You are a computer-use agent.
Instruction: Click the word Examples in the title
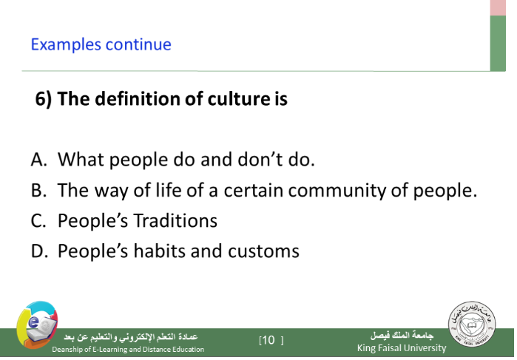(x=66, y=45)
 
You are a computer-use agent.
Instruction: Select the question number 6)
(x=44, y=99)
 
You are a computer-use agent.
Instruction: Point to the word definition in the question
(x=137, y=98)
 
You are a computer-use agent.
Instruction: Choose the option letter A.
(x=38, y=160)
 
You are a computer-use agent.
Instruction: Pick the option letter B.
(x=38, y=190)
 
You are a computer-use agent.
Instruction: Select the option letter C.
(x=38, y=220)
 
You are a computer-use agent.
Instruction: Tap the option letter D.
(x=39, y=251)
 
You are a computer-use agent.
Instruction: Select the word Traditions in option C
(x=175, y=220)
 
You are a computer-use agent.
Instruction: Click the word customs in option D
(x=263, y=251)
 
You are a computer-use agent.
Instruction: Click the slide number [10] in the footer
(x=271, y=340)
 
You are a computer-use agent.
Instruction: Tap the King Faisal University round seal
(x=472, y=324)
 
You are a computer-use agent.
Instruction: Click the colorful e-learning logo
(x=37, y=325)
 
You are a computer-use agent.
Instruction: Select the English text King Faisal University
(x=402, y=347)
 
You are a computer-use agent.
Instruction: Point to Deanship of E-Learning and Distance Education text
(x=128, y=349)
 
